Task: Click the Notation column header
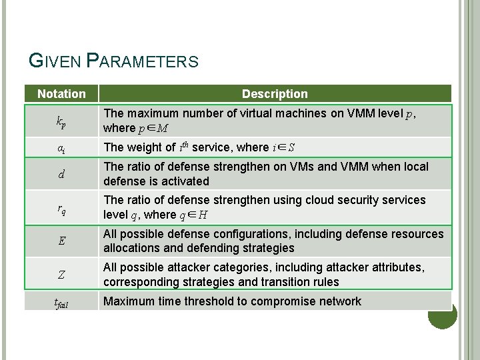61,94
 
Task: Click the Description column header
275,94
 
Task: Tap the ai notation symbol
61,148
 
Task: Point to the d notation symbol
61,175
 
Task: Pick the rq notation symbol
61,208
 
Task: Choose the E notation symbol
61,241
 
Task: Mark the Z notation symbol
61,275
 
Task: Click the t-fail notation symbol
61,302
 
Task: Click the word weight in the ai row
144,147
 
